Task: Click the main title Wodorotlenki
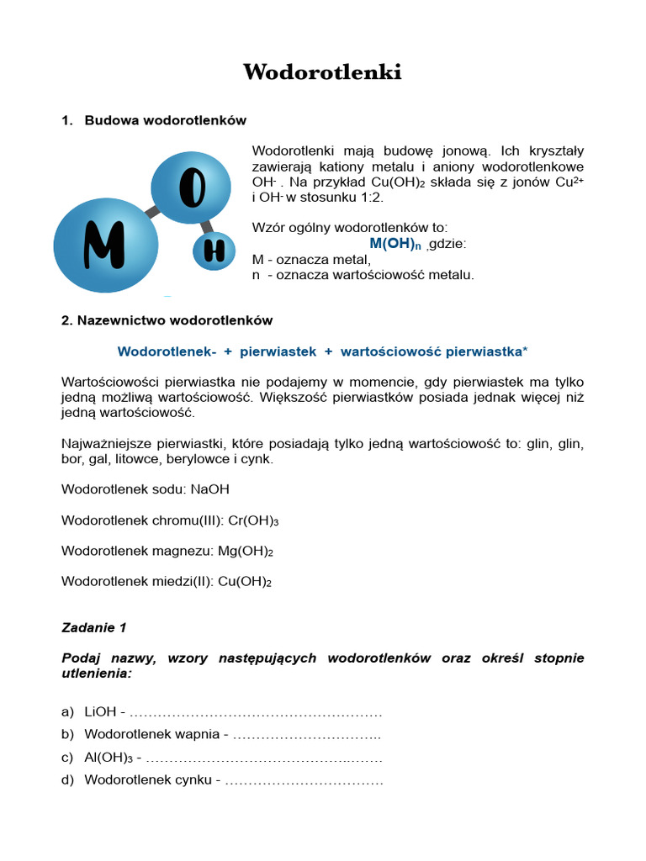point(322,72)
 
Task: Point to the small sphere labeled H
point(214,251)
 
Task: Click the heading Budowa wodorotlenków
point(166,120)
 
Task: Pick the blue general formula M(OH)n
point(394,244)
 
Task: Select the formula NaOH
point(209,489)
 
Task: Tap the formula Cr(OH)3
point(253,520)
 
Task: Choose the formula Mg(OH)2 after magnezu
point(246,551)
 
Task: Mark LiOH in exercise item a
point(100,712)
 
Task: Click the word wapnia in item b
point(198,734)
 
